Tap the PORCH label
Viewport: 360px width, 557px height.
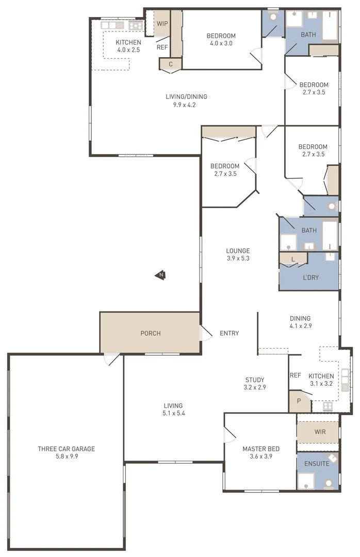click(151, 333)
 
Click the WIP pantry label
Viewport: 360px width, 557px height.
click(162, 24)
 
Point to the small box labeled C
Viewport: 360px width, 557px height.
click(170, 64)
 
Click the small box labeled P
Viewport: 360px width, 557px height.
click(299, 401)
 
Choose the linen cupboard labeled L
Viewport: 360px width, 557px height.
click(293, 259)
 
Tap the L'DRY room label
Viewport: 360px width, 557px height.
click(310, 277)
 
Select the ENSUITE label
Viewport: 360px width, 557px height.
click(316, 464)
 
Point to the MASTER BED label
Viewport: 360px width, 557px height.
click(261, 449)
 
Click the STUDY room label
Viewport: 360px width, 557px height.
click(255, 380)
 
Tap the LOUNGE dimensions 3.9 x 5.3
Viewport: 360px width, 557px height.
click(238, 258)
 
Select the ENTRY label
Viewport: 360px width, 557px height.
click(229, 333)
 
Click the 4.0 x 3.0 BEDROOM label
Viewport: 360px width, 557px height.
click(221, 39)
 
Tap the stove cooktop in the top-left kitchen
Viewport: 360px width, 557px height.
click(136, 25)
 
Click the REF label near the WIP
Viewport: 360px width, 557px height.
click(162, 47)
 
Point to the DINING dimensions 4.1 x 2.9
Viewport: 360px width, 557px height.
click(300, 326)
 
